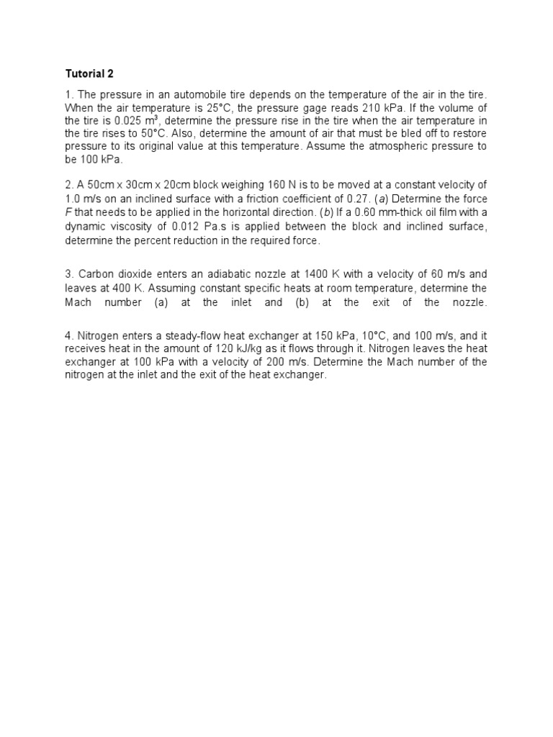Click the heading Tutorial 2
coord(89,73)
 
